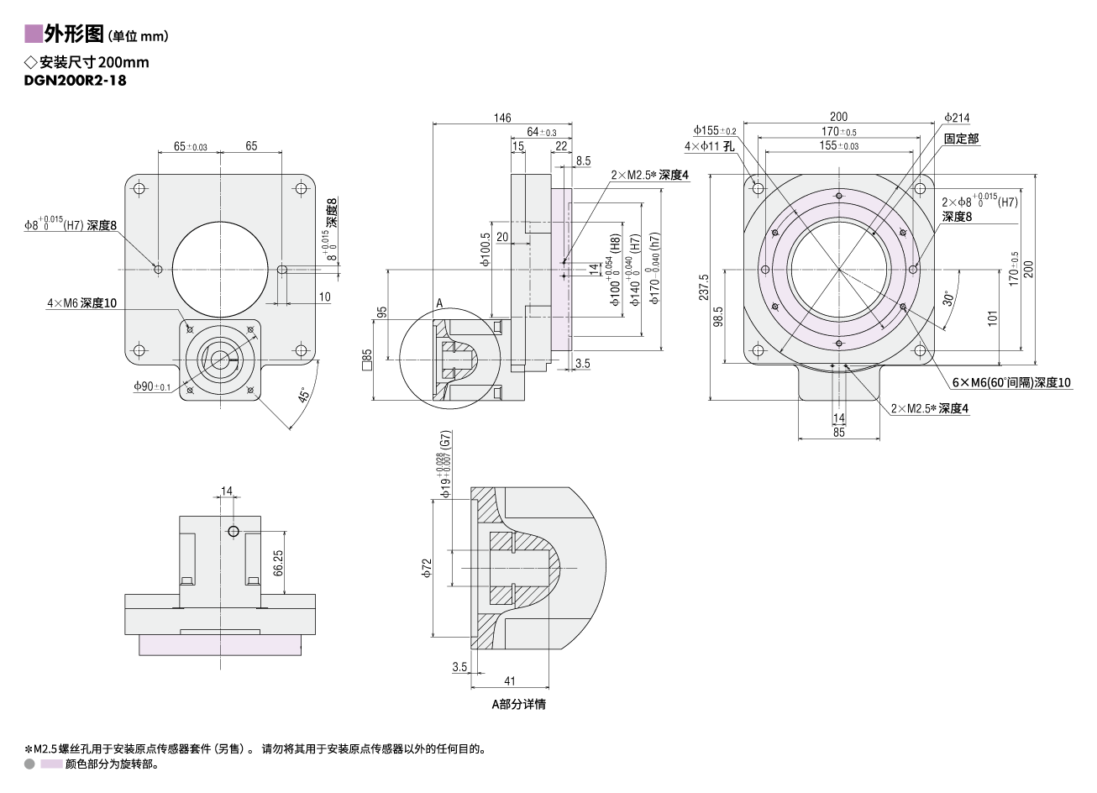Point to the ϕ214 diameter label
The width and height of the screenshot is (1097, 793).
[956, 118]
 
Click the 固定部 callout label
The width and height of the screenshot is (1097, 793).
[961, 139]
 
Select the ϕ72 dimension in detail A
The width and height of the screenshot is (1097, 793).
[427, 569]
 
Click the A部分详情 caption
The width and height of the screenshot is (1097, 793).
[518, 704]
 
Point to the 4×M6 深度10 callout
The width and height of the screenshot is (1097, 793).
[81, 302]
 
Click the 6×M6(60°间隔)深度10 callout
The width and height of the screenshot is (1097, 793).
[1011, 382]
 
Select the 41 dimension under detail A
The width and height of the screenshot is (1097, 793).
[509, 681]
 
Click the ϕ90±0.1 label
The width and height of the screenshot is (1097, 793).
[152, 386]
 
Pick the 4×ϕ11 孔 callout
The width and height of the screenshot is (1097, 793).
[709, 146]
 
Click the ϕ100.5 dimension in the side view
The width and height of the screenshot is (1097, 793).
[486, 250]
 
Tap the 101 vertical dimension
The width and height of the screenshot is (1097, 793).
[992, 318]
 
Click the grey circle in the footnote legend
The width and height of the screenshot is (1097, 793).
[29, 764]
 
